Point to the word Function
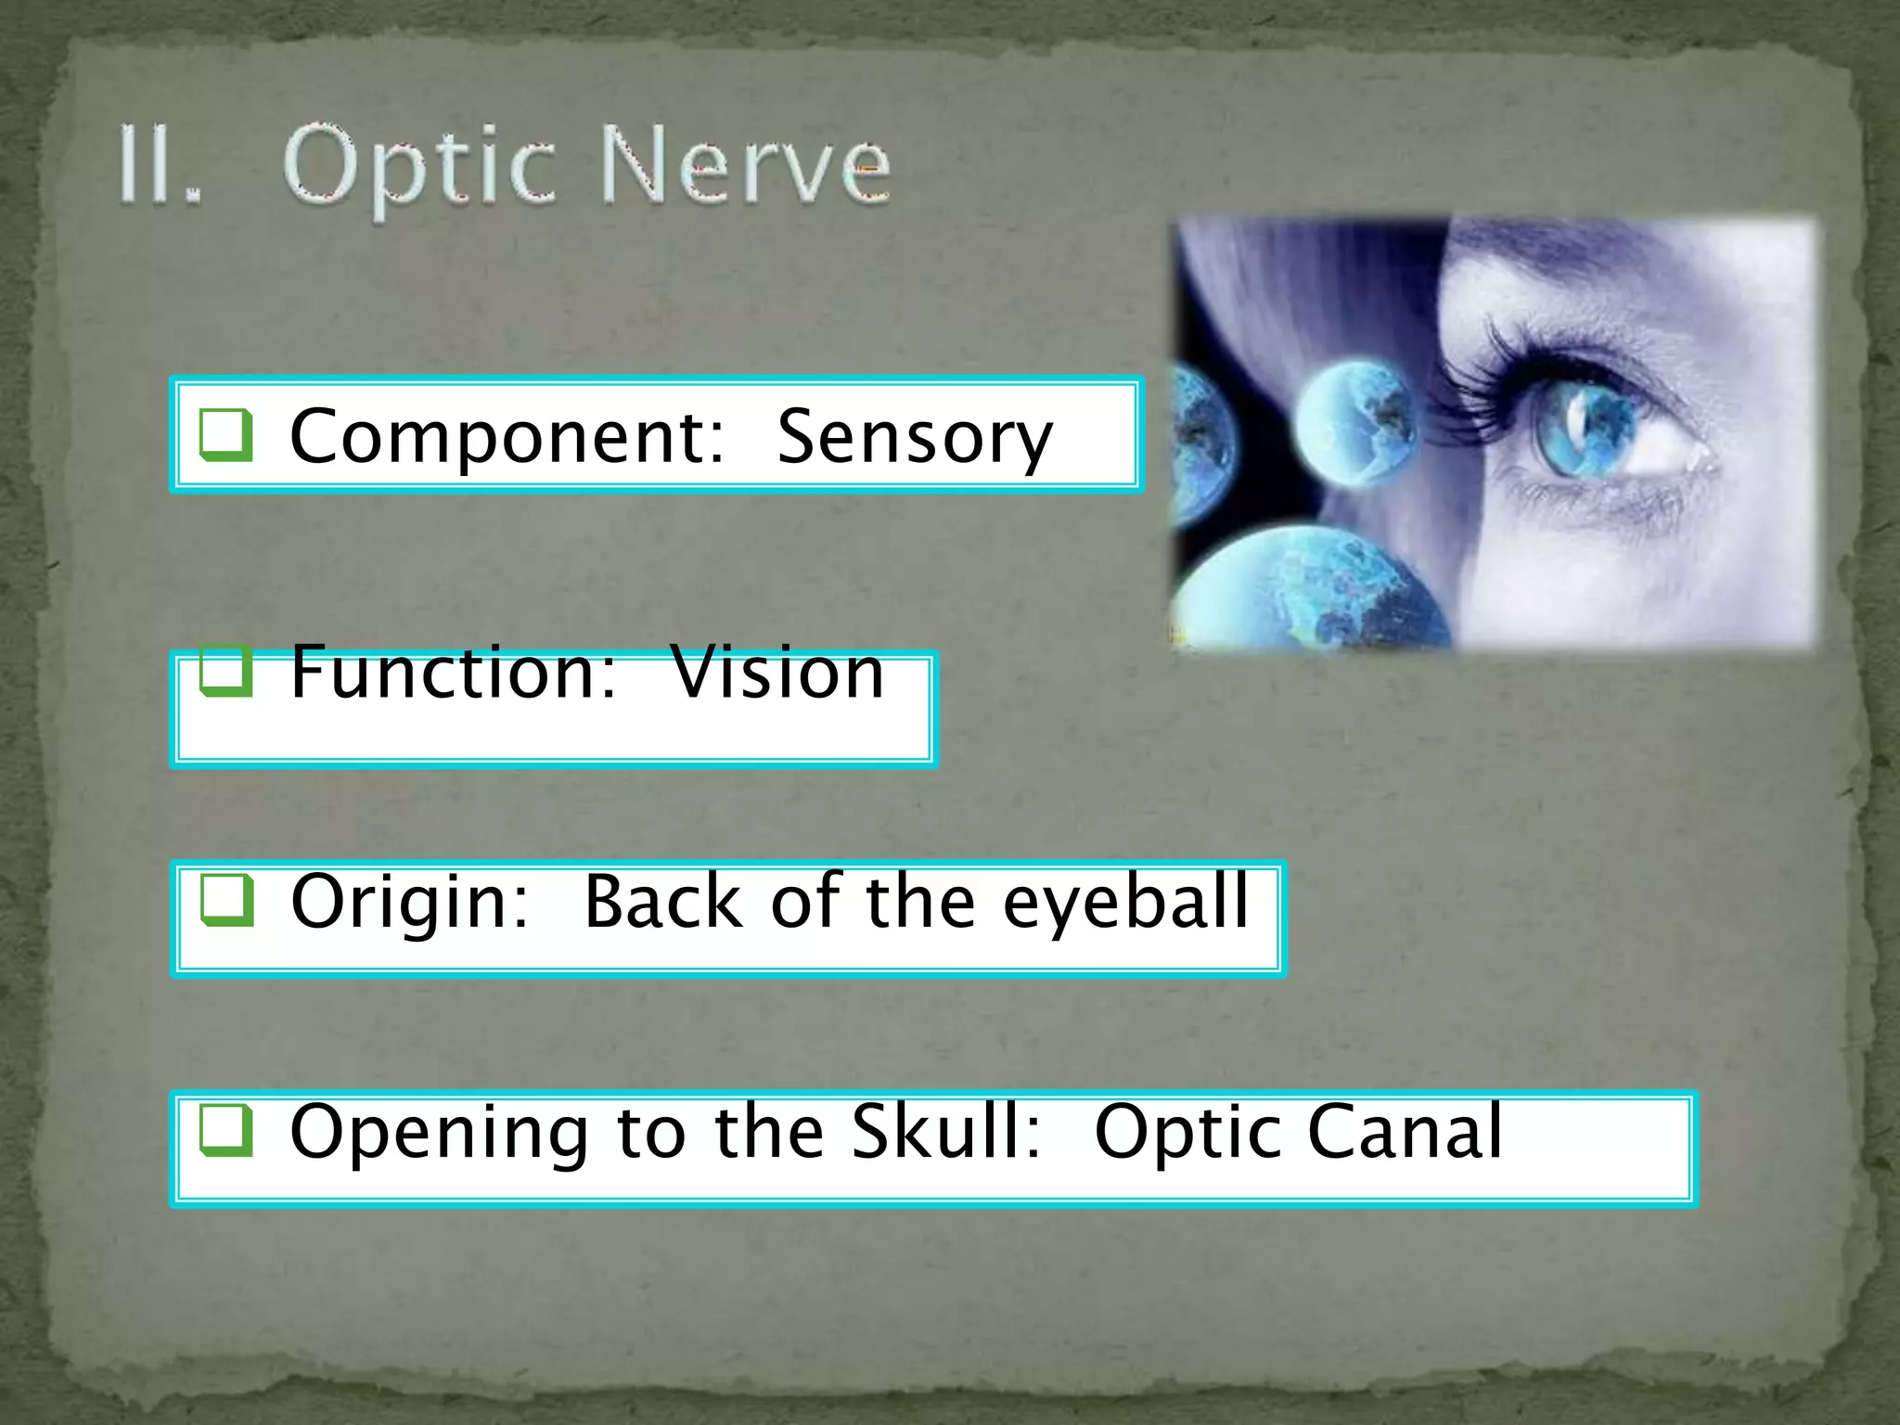point(454,672)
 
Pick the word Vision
point(777,672)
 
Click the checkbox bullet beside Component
point(225,434)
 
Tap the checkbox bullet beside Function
point(225,670)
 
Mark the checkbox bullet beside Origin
point(225,899)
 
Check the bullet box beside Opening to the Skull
point(225,1129)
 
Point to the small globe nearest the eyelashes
point(1354,423)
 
